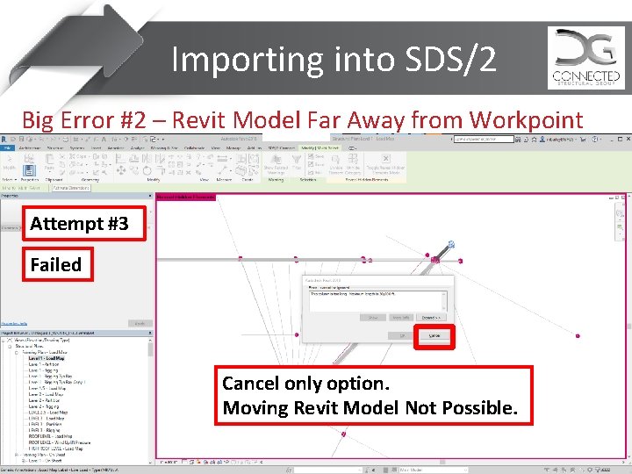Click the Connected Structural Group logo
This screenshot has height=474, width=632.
(585, 58)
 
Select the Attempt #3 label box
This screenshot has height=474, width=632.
(79, 224)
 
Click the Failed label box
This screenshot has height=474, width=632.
(55, 264)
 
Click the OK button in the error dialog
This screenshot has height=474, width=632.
(402, 334)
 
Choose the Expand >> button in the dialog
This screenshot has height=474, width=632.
(430, 317)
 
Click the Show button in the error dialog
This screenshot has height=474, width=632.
(372, 317)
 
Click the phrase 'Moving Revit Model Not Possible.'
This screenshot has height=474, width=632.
(370, 408)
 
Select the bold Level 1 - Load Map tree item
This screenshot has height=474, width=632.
(47, 358)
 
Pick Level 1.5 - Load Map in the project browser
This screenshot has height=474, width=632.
(49, 389)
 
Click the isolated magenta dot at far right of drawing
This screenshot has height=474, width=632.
(577, 335)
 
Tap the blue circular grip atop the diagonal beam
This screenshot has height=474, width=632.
(451, 245)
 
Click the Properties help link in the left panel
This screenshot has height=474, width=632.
(16, 323)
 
